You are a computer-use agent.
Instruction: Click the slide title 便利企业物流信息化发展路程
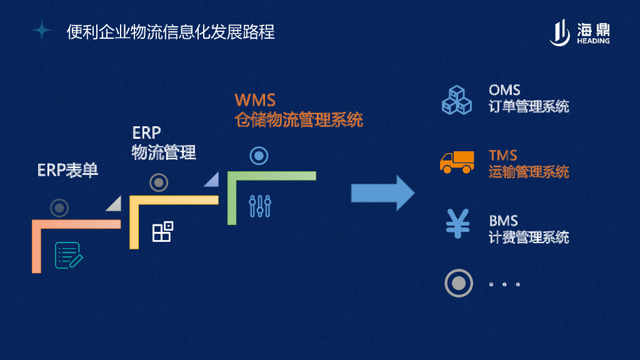171,31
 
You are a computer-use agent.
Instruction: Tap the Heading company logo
579,32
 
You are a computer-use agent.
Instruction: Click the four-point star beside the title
41,30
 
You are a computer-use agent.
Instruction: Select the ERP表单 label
67,170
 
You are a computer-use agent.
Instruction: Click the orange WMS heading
255,100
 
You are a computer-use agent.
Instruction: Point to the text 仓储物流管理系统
299,119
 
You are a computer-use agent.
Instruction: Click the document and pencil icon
69,255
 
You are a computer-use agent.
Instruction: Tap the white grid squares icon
162,231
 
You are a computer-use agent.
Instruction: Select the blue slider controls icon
259,206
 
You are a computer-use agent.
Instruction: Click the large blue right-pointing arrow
382,192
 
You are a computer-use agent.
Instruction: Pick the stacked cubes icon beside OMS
457,99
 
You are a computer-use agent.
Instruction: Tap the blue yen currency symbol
457,223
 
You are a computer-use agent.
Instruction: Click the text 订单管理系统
529,106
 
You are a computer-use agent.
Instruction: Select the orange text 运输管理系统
529,171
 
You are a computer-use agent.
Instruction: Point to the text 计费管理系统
529,237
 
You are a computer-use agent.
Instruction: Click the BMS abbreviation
503,221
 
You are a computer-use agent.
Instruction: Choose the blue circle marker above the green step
259,156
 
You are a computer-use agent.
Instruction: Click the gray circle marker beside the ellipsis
458,283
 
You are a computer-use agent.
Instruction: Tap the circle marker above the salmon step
59,207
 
